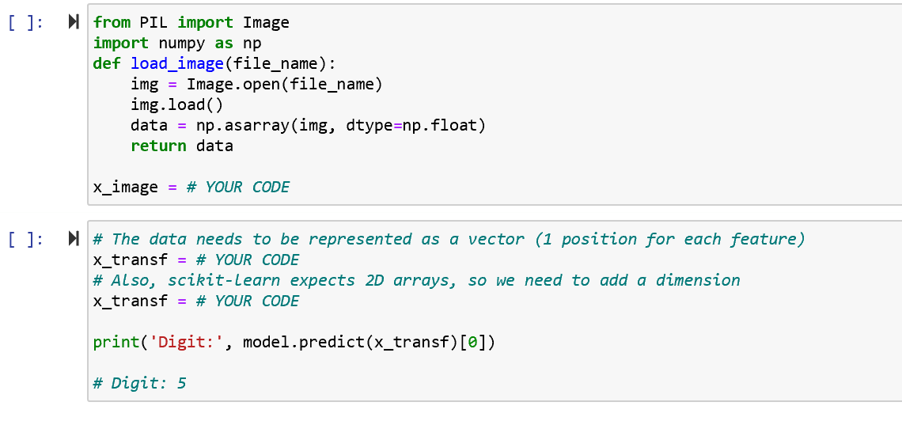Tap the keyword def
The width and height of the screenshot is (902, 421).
pyautogui.click(x=107, y=64)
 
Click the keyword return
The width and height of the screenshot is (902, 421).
pyautogui.click(x=158, y=146)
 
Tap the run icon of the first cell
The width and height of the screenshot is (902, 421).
pyautogui.click(x=74, y=23)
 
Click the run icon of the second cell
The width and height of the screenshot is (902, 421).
pyautogui.click(x=74, y=239)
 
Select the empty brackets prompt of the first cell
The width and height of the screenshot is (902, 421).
pyautogui.click(x=25, y=23)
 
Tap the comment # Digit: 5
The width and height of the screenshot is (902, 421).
pyautogui.click(x=139, y=384)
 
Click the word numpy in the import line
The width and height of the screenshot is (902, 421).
pyautogui.click(x=181, y=44)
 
